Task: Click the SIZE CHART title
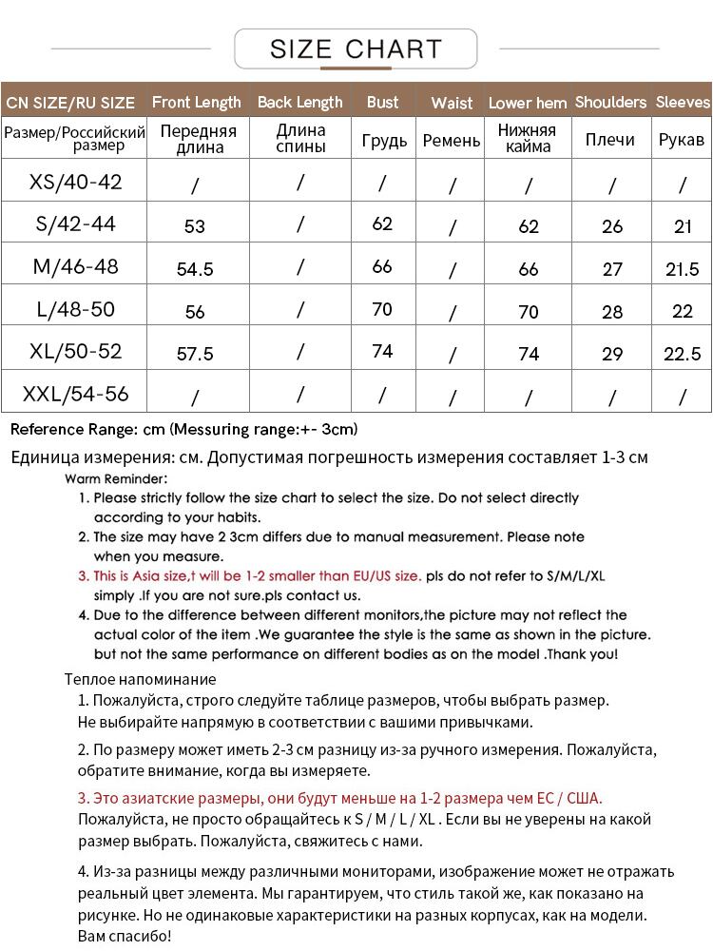tap(356, 49)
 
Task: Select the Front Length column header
tap(197, 102)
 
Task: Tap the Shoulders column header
tap(610, 102)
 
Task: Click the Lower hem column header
tap(528, 103)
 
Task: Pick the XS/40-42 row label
tap(76, 181)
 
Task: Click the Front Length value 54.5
tap(195, 269)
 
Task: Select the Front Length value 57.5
tap(195, 354)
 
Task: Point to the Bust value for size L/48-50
tap(382, 309)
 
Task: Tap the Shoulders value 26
tap(612, 226)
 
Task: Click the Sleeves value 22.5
tap(682, 354)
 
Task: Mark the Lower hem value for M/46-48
tap(529, 269)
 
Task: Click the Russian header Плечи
tap(610, 140)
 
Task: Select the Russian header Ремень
tap(452, 141)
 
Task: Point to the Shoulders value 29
tap(612, 354)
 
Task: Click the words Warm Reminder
tap(117, 478)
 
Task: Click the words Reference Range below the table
tap(72, 429)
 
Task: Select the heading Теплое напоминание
tap(141, 679)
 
